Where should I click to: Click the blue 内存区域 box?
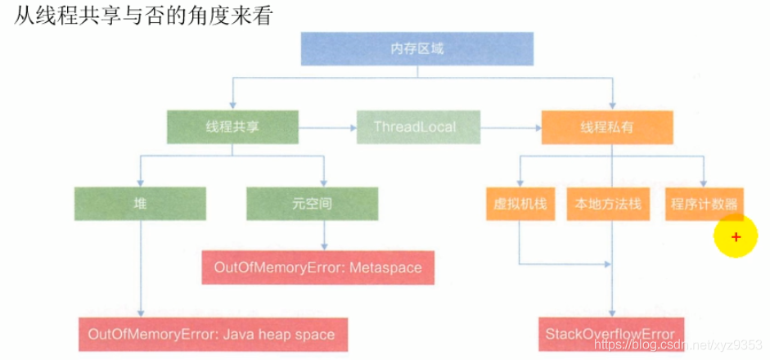pyautogui.click(x=417, y=49)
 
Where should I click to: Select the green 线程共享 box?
pyautogui.click(x=232, y=128)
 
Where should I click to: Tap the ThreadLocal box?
pyautogui.click(x=415, y=128)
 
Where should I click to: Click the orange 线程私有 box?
pyautogui.click(x=607, y=128)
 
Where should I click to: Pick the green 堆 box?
pyautogui.click(x=140, y=204)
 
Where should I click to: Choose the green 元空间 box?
pyautogui.click(x=312, y=204)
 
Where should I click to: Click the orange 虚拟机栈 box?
pyautogui.click(x=520, y=204)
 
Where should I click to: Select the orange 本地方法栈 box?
pyautogui.click(x=608, y=204)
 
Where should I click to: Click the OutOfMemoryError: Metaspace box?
pyautogui.click(x=317, y=268)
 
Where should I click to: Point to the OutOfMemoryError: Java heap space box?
pyautogui.click(x=211, y=334)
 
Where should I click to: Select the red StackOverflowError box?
pyautogui.click(x=610, y=334)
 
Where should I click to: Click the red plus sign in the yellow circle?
pyautogui.click(x=736, y=237)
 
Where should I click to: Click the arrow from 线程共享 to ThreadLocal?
pyautogui.click(x=327, y=128)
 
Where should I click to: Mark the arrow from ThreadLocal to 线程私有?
pyautogui.click(x=509, y=128)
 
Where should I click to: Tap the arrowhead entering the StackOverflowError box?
pyautogui.click(x=610, y=313)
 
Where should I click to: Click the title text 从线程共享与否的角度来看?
pyautogui.click(x=142, y=16)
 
